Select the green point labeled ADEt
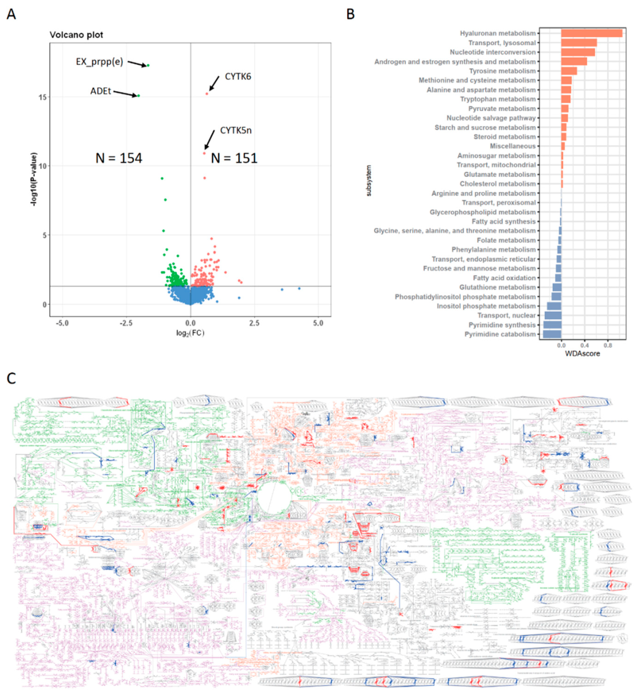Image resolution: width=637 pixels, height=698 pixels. [139, 96]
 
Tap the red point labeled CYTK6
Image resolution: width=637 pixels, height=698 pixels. [207, 94]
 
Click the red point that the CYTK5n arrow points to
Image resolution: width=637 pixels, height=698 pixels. [204, 153]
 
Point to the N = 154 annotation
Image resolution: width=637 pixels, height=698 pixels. [119, 158]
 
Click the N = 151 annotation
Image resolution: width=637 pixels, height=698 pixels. [234, 158]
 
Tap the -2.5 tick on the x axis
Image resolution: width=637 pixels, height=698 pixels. [126, 323]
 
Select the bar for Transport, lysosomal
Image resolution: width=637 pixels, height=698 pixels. [579, 43]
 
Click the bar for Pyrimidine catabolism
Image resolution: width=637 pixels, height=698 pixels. [552, 334]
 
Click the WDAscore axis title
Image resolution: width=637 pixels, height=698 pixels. [582, 354]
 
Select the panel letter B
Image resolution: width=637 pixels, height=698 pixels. [350, 14]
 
